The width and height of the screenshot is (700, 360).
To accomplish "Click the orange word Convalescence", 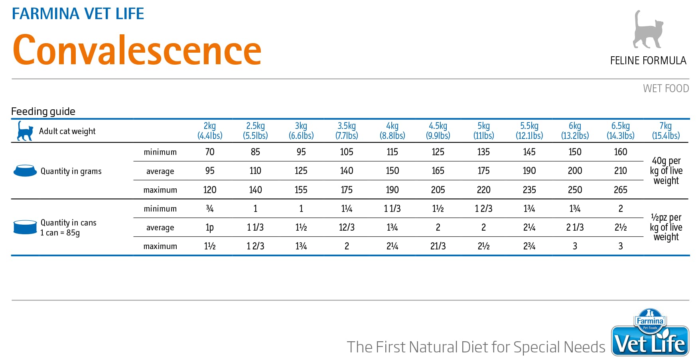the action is (137, 50).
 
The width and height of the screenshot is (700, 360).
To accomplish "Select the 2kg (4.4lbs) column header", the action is (210, 131).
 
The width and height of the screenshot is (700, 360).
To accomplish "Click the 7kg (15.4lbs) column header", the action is (666, 131).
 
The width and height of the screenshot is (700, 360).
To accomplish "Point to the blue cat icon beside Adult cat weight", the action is (25, 131).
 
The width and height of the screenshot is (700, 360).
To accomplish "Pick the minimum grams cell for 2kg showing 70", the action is (210, 152).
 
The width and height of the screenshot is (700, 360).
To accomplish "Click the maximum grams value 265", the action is (620, 190).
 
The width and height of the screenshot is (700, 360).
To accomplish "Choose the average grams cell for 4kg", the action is (392, 171).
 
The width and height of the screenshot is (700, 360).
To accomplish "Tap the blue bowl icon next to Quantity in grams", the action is (25, 171).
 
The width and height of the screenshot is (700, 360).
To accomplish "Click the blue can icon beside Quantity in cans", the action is (25, 227).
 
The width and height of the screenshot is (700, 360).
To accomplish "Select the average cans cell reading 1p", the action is (210, 227).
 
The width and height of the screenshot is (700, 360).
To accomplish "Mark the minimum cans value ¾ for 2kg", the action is (210, 209).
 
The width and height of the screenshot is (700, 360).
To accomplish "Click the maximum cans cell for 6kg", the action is (575, 246).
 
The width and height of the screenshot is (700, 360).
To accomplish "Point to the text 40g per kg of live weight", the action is (666, 171).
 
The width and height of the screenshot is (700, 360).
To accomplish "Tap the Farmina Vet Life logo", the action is (650, 332).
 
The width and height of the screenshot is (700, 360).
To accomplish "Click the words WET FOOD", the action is (666, 88).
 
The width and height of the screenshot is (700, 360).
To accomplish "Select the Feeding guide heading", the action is (43, 111).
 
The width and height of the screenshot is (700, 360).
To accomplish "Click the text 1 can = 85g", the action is (60, 233).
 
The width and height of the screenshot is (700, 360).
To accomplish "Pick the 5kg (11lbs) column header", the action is (483, 131).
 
